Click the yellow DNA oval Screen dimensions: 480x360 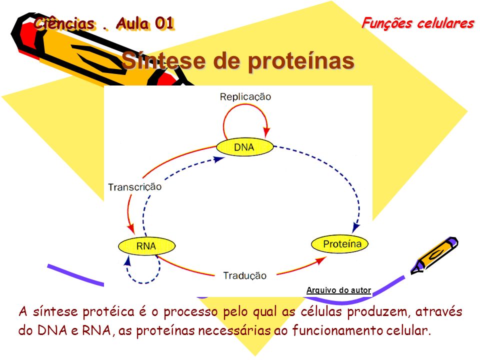pyautogui.click(x=244, y=147)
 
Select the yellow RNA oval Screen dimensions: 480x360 pyautogui.click(x=146, y=246)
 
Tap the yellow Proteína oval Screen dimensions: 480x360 pyautogui.click(x=340, y=244)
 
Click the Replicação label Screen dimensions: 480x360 pyautogui.click(x=245, y=96)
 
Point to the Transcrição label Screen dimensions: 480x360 pyautogui.click(x=134, y=186)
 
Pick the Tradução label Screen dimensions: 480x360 pyautogui.click(x=244, y=275)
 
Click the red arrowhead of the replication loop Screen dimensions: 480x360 pyautogui.click(x=266, y=132)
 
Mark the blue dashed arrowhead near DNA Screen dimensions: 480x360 pyautogui.click(x=219, y=159)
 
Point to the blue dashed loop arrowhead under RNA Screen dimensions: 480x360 pyautogui.click(x=128, y=260)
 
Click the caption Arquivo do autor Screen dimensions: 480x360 pyautogui.click(x=338, y=290)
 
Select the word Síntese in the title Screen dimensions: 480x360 pyautogui.click(x=163, y=60)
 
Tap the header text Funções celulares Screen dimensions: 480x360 pyautogui.click(x=418, y=23)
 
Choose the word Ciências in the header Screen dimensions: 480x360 pyautogui.click(x=64, y=23)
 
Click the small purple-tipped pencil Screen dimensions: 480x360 pyautogui.click(x=434, y=255)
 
